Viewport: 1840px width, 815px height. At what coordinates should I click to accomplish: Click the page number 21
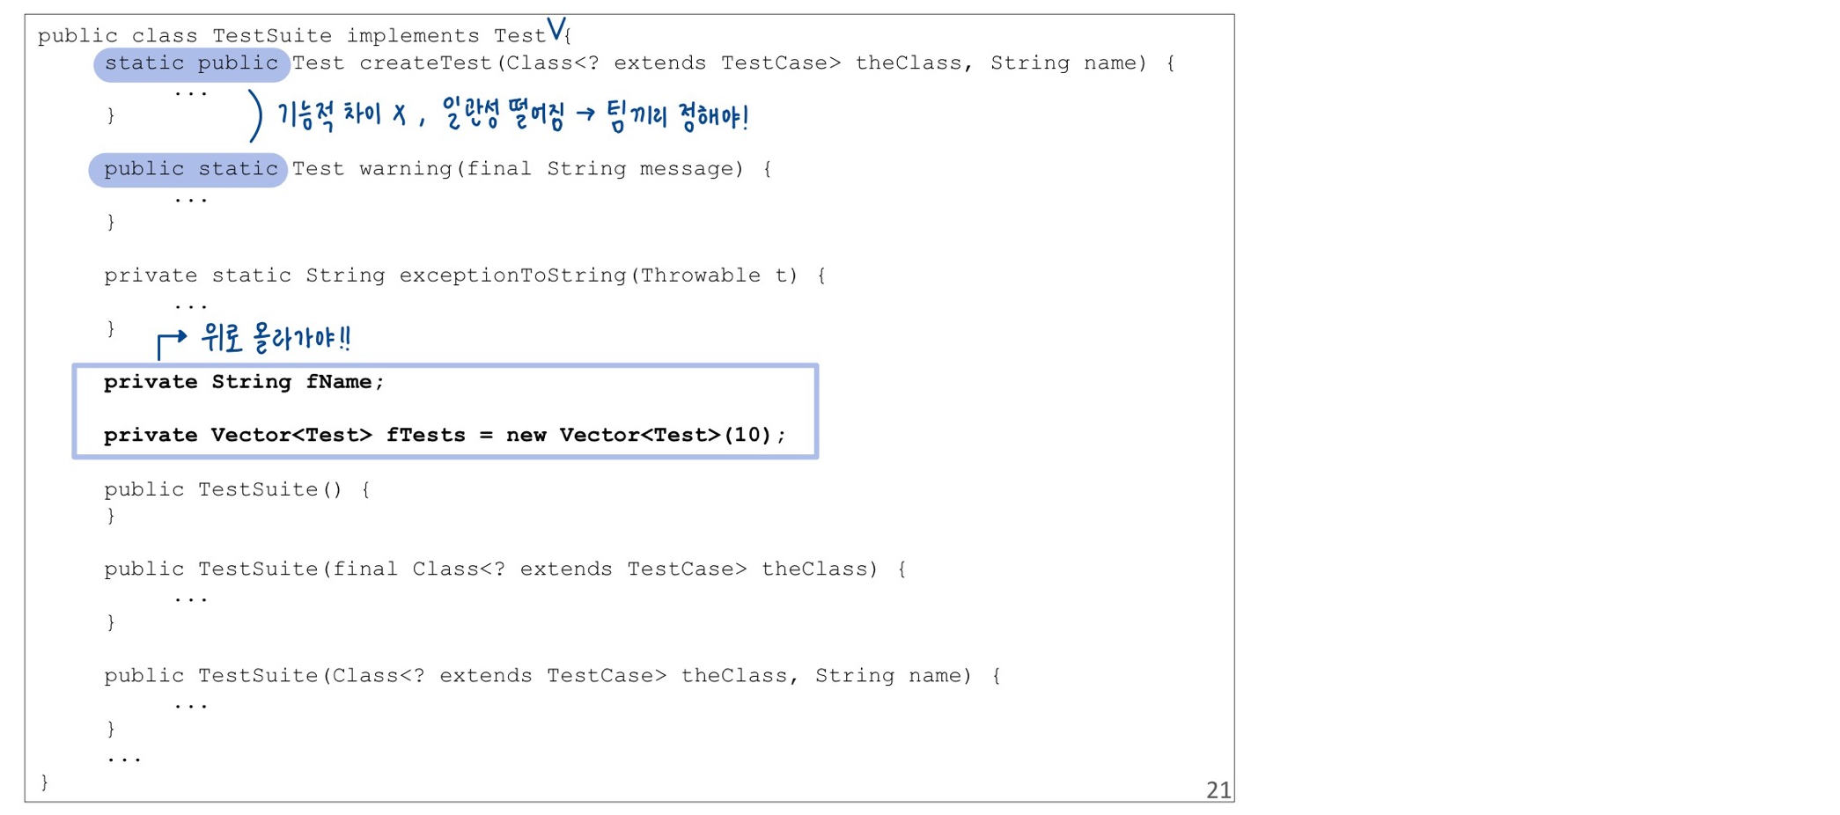coord(1218,789)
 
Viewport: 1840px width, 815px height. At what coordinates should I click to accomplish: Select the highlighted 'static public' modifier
coord(191,63)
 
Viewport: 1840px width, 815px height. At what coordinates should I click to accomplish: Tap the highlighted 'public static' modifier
coord(189,169)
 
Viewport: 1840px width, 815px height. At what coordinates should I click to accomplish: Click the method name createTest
coord(425,63)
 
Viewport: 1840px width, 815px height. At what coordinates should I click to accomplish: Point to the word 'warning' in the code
coord(405,169)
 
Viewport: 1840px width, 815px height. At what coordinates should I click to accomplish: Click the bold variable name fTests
coord(425,435)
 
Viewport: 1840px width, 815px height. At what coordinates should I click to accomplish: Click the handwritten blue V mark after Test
coord(556,29)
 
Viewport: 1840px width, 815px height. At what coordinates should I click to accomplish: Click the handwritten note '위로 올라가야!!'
coord(276,338)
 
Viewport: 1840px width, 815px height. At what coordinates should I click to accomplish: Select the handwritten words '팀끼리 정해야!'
coord(677,116)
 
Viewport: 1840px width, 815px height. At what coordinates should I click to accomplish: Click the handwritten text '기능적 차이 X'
coord(342,115)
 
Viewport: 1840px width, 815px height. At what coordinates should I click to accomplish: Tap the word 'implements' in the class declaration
coord(412,36)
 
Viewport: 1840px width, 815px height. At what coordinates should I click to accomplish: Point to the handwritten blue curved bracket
coord(254,115)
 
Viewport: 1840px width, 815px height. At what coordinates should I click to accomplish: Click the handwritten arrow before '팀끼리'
coord(585,114)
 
